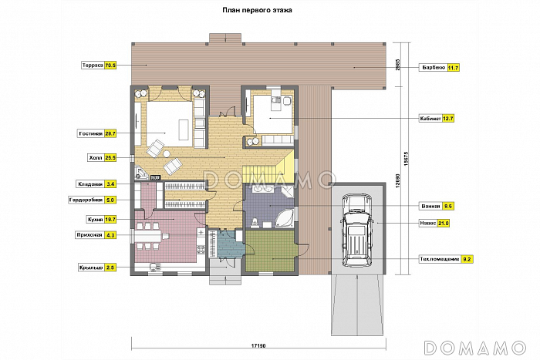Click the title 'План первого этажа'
tap(257, 10)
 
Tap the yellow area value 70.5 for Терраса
tap(110, 65)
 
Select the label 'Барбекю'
tap(433, 68)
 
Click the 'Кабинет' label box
tap(430, 119)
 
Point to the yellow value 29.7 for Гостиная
tap(110, 133)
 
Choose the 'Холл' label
tap(96, 158)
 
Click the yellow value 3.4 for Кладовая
tap(110, 184)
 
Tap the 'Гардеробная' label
tap(86, 200)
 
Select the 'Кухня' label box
tap(95, 219)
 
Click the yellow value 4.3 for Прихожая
tap(110, 235)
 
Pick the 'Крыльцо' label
tap(91, 267)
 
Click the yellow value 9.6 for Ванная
tap(448, 206)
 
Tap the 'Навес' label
tap(427, 224)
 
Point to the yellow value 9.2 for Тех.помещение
tap(467, 259)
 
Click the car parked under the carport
tap(356, 230)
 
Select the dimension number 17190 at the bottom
tap(258, 346)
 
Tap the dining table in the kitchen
tap(150, 236)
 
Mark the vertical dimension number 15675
tap(406, 159)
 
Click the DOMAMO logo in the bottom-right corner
tap(475, 348)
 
